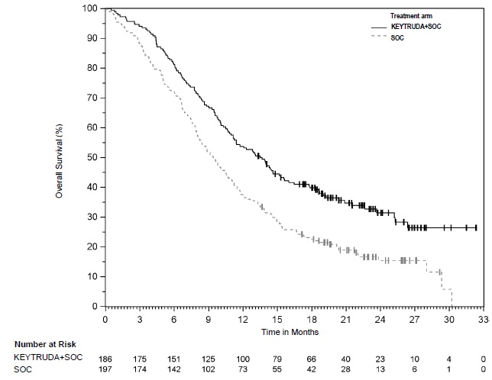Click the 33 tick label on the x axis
tap(482, 319)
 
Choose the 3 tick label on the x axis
tap(139, 319)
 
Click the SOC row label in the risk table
tap(23, 369)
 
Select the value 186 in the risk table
tap(105, 358)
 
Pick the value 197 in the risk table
tap(105, 369)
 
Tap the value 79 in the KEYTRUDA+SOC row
tap(277, 358)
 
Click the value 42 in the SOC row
tap(311, 369)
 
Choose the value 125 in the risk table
tap(208, 358)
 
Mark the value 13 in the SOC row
tap(380, 369)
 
